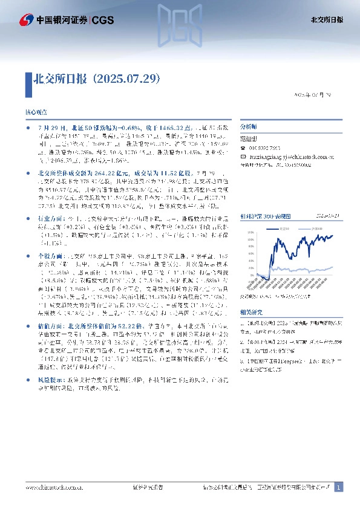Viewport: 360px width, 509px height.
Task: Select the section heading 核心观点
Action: coord(34,112)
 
